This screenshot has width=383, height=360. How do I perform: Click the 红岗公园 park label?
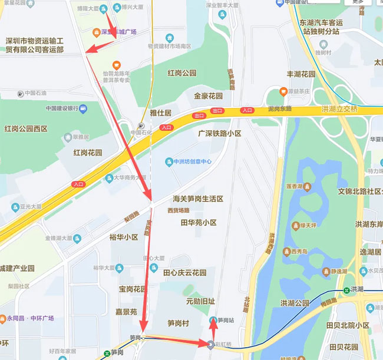coord(181,74)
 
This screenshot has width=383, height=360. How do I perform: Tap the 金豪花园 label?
coord(208,96)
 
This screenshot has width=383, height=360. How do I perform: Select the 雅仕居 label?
coord(160,113)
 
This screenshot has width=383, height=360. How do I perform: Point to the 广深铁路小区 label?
coord(220,134)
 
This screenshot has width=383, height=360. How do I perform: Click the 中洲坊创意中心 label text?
coord(192,161)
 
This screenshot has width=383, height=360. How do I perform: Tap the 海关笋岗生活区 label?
coord(197,199)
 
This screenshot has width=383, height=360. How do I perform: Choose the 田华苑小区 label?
coord(199,223)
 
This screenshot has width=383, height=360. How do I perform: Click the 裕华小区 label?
coord(123,237)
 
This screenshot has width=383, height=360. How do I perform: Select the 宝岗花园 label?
coord(131,289)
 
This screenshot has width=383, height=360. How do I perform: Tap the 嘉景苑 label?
coord(126,312)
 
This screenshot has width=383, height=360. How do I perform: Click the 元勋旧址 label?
coord(200,301)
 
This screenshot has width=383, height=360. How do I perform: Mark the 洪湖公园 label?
coord(295,303)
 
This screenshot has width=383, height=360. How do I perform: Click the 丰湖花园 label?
coord(301,75)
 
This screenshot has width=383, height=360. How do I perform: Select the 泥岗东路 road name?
coord(279,110)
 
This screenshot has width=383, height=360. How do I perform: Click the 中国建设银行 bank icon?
coord(83,108)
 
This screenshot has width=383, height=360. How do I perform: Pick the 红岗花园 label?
coord(88,153)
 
